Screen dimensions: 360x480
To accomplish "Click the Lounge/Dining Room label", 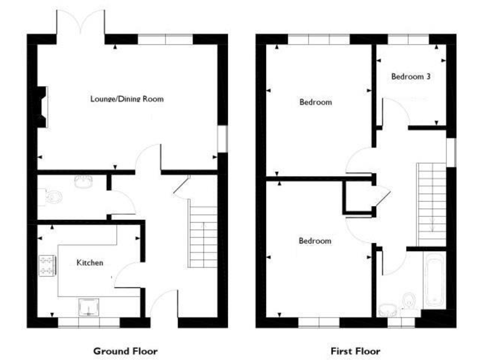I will (127, 99).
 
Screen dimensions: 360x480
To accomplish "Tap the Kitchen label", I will (90, 263).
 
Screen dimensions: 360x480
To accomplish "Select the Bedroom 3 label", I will (411, 77).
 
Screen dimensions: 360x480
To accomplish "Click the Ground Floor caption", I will (126, 351).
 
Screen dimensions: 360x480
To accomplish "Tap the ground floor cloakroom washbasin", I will (83, 182).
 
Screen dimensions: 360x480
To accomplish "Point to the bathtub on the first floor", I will (434, 282).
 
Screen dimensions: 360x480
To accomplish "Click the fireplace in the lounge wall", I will (42, 107).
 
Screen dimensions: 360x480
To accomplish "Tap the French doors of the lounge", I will (82, 26).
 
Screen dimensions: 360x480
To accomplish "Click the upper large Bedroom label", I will (315, 102).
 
